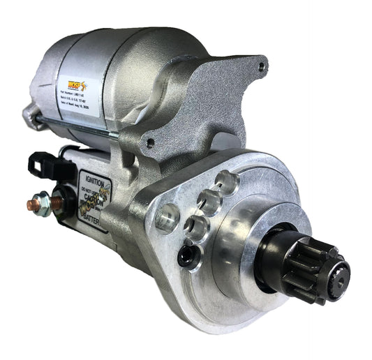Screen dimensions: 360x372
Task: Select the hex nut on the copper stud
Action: point(41,199)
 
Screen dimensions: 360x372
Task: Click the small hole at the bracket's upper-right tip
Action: point(261,68)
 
